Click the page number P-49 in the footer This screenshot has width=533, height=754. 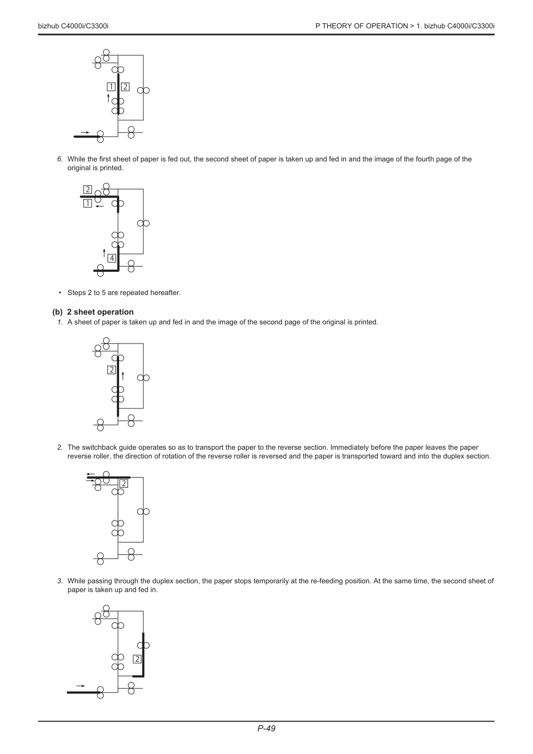click(266, 728)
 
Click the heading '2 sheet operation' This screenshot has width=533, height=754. click(101, 312)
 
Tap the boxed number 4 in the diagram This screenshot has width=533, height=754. click(112, 258)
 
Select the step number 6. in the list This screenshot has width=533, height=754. click(60, 159)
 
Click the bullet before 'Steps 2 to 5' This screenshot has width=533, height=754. click(60, 293)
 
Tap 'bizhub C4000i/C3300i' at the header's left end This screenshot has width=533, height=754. click(73, 26)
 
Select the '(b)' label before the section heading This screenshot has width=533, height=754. click(58, 312)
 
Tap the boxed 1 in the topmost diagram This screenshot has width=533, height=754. click(111, 87)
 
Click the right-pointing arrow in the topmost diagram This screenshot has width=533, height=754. click(85, 133)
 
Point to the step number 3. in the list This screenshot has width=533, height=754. click(60, 581)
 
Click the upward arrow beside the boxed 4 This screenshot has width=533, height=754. click(104, 253)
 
